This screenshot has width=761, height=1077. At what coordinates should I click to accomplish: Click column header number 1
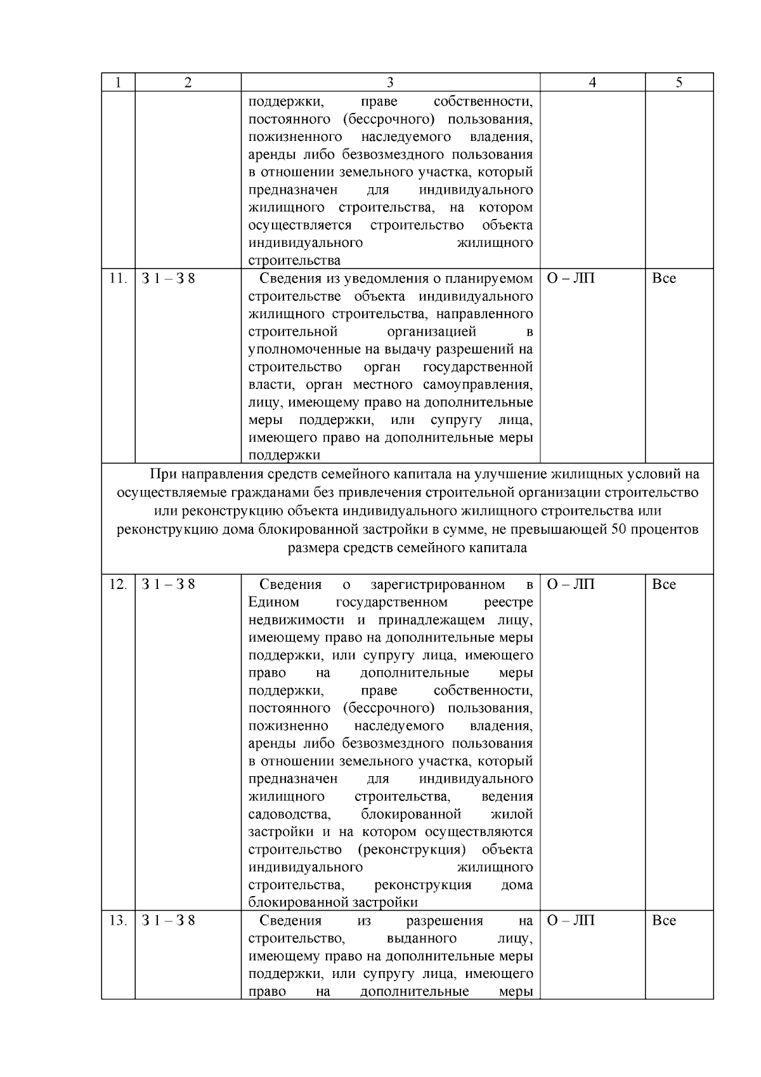click(x=118, y=83)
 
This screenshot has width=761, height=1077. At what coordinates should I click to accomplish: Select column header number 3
click(x=390, y=83)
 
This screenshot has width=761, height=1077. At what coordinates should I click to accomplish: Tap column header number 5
click(x=679, y=83)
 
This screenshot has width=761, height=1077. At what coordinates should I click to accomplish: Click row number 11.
click(x=118, y=279)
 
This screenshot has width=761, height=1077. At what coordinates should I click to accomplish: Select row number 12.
click(x=118, y=585)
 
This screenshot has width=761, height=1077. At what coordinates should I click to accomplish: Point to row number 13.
click(x=118, y=921)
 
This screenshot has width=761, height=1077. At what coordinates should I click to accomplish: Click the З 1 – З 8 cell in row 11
click(x=168, y=279)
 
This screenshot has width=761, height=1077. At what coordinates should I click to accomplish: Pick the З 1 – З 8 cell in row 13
click(x=168, y=921)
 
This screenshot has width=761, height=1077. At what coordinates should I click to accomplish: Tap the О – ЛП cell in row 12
click(x=571, y=585)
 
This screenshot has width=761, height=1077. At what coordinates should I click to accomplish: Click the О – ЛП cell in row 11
click(x=571, y=279)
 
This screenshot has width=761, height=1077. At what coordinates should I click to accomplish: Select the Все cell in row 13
click(x=664, y=921)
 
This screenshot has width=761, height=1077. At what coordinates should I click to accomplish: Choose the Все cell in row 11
click(x=664, y=279)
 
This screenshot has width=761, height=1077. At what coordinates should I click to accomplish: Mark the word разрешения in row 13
click(x=445, y=921)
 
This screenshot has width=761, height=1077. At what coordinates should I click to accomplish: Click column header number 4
click(x=592, y=83)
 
